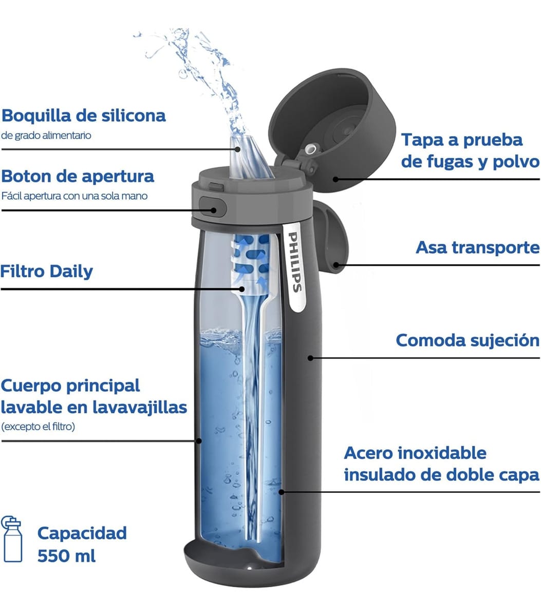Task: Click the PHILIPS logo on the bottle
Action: pos(294,262)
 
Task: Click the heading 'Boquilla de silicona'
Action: pos(84,115)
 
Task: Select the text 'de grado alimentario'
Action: pos(46,136)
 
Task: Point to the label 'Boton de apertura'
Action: pos(78,177)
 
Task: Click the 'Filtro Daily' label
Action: pos(47,271)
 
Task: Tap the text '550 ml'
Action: pos(66,556)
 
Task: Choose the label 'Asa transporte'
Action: pos(477,247)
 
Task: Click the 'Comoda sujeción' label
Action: pos(468,340)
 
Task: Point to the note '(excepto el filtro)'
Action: pos(38,427)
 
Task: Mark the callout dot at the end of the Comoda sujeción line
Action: pos(310,358)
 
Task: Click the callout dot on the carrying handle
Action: pos(336,265)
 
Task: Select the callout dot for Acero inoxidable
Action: pos(282,492)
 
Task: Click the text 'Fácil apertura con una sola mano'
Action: pos(74,196)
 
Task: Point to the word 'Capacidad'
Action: pos(82,533)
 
